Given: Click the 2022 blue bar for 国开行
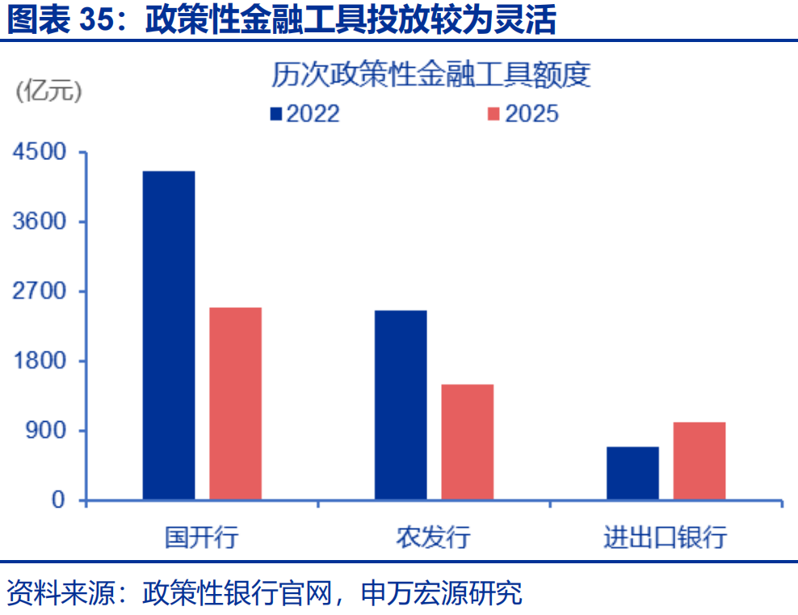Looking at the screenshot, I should pos(169,335).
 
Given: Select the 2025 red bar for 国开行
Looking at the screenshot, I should pos(235,403).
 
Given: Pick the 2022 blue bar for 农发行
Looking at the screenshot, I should pos(401,405).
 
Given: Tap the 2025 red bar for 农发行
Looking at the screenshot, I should pos(467,442).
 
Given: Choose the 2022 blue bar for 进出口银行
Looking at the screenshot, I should pos(632,474).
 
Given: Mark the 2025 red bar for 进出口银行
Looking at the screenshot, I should pos(699,461).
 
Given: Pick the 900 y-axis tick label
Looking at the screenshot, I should pos(47,430).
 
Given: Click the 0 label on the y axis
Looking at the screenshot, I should pos(58,500).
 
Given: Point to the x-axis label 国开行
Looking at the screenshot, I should pos(201,537).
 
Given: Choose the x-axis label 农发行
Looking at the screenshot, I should pos(433,537).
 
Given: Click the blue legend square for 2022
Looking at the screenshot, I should pos(276,114).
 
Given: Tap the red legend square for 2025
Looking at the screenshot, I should pos(494,114).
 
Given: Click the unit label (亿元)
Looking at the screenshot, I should pos(49,91).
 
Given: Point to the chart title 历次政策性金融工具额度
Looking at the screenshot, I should pos(430,75).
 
